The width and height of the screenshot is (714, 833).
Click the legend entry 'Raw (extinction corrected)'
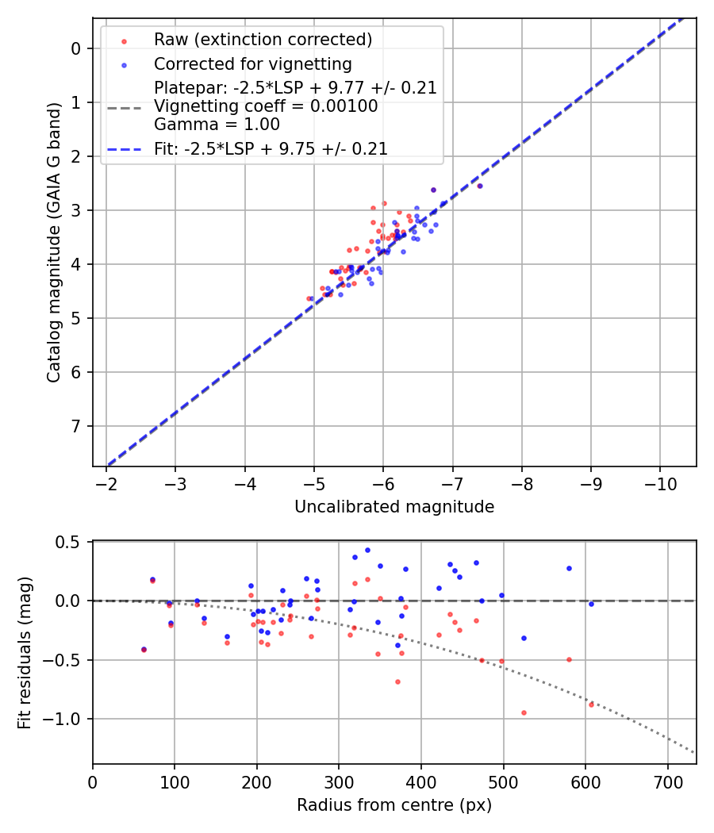click(263, 40)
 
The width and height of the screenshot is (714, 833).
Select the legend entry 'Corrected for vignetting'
click(253, 63)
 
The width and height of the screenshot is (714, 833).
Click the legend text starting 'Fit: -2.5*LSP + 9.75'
click(271, 148)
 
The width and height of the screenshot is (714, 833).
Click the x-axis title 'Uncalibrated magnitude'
click(394, 507)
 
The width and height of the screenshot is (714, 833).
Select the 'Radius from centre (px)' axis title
click(394, 805)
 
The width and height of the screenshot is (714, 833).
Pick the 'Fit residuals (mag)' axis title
click(25, 652)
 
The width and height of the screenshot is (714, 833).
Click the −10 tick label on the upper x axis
click(660, 483)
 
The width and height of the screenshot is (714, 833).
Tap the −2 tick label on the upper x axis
click(107, 483)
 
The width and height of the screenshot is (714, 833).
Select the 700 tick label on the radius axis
click(667, 781)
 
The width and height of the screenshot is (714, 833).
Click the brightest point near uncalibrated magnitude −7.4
click(479, 186)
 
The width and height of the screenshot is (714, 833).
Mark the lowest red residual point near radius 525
click(524, 712)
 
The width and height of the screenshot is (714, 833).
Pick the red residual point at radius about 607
click(591, 704)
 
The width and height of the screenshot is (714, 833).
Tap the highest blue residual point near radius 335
click(367, 550)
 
